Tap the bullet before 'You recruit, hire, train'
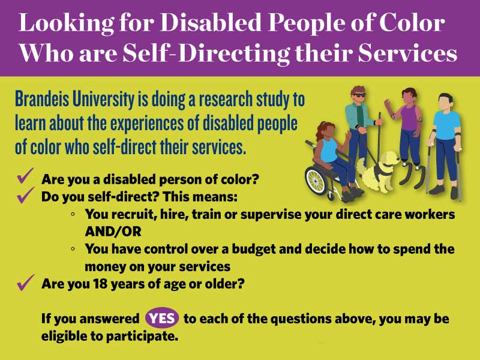coord(73,214)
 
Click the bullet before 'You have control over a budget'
coord(73,248)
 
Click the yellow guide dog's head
coord(388,159)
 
